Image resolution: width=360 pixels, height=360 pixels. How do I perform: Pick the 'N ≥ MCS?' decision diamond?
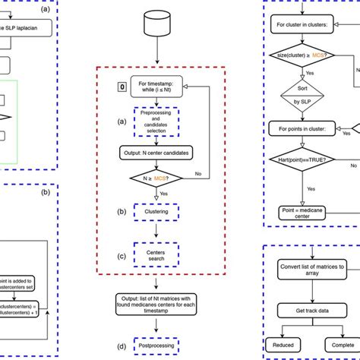pos(156,180)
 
